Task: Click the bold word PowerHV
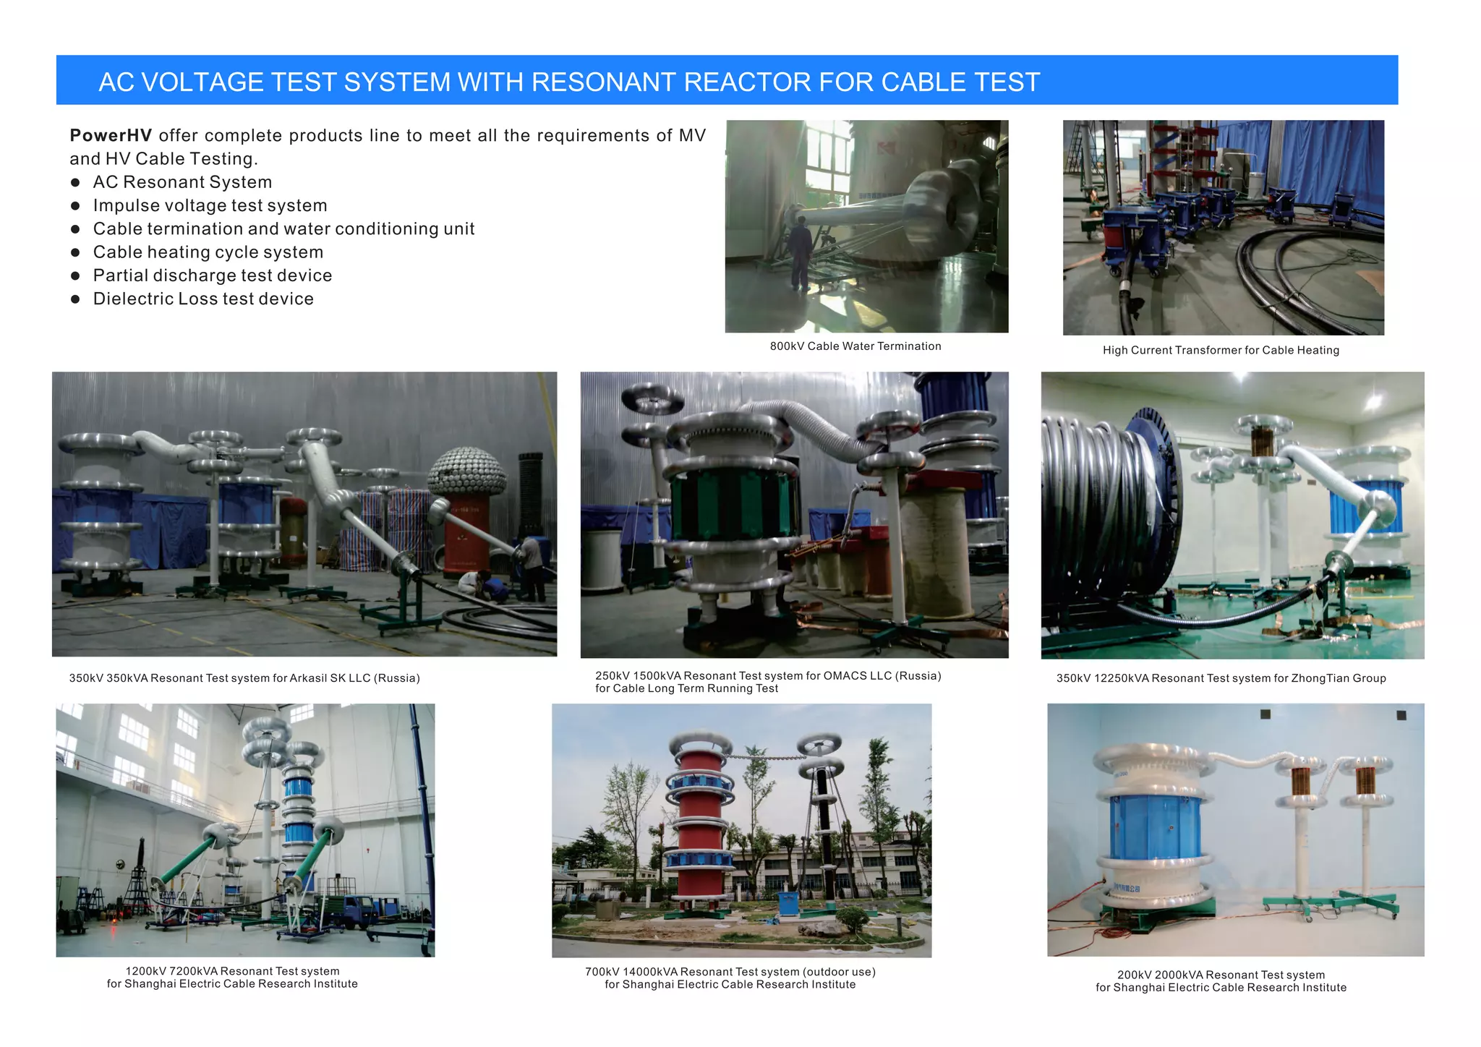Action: (110, 135)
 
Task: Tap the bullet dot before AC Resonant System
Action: (75, 182)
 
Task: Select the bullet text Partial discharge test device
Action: (213, 275)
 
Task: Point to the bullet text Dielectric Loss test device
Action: (203, 299)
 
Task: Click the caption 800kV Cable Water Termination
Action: (855, 346)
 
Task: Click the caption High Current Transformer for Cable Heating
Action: (1221, 350)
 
